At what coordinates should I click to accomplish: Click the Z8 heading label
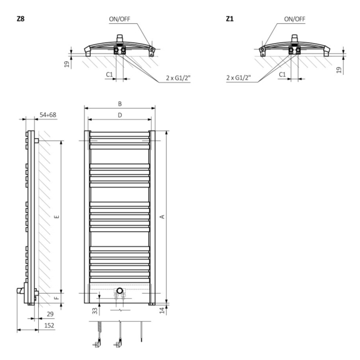21,19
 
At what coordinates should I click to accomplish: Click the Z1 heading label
230,19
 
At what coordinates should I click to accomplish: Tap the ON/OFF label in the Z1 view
294,19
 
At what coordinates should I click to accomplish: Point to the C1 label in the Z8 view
109,74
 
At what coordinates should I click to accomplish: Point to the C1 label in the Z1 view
282,74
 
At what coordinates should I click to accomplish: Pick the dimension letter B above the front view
119,103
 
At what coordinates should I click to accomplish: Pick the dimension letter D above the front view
119,115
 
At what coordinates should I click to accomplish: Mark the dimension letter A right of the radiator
162,216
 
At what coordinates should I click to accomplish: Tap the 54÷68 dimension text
47,115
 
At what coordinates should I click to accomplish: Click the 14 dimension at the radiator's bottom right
162,310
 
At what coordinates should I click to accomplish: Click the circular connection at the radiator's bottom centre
120,291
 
